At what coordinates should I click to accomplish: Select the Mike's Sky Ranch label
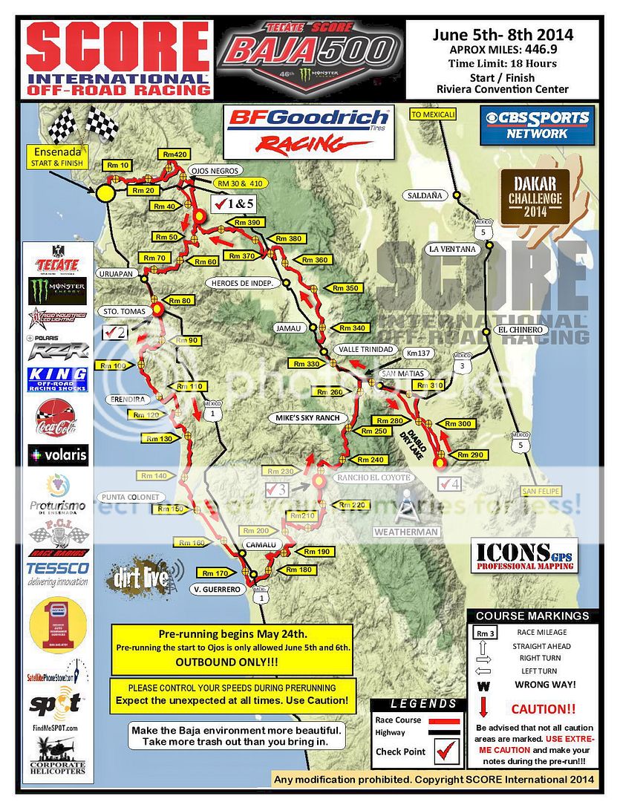click(307, 418)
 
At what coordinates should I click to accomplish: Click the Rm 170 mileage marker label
click(216, 573)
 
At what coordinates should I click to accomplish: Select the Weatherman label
click(406, 532)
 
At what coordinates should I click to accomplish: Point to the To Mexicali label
click(432, 114)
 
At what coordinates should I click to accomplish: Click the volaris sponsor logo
click(57, 454)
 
